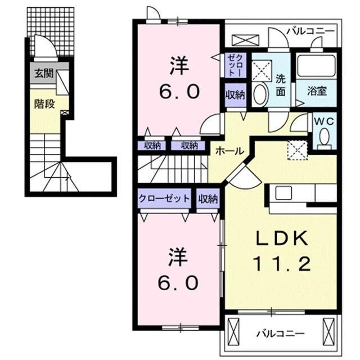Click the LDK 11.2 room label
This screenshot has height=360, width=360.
click(283, 251)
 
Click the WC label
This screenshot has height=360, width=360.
click(322, 120)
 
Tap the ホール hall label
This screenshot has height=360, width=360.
click(228, 151)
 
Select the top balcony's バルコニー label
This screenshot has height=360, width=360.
click(309, 31)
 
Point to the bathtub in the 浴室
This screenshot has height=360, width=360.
click(316, 66)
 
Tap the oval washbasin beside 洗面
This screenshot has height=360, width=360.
click(260, 95)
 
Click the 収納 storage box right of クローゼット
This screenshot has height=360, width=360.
click(208, 199)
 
